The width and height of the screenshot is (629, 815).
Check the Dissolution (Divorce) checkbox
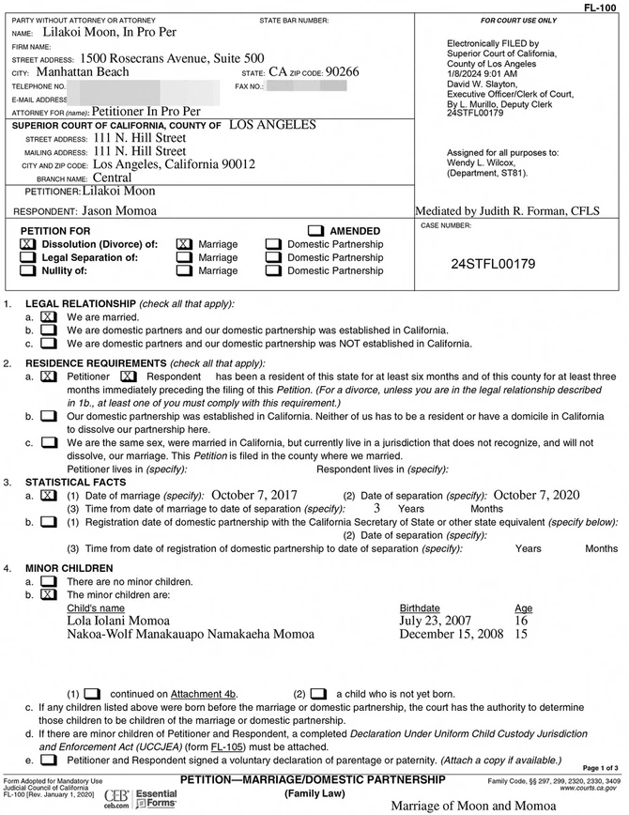tap(26, 244)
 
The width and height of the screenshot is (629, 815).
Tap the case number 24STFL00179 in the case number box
tap(493, 264)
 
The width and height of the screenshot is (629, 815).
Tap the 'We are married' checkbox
tap(48, 317)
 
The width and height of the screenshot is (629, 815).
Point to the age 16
tap(522, 622)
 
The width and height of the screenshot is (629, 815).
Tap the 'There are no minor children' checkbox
tap(48, 582)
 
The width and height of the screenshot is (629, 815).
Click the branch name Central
tap(112, 177)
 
